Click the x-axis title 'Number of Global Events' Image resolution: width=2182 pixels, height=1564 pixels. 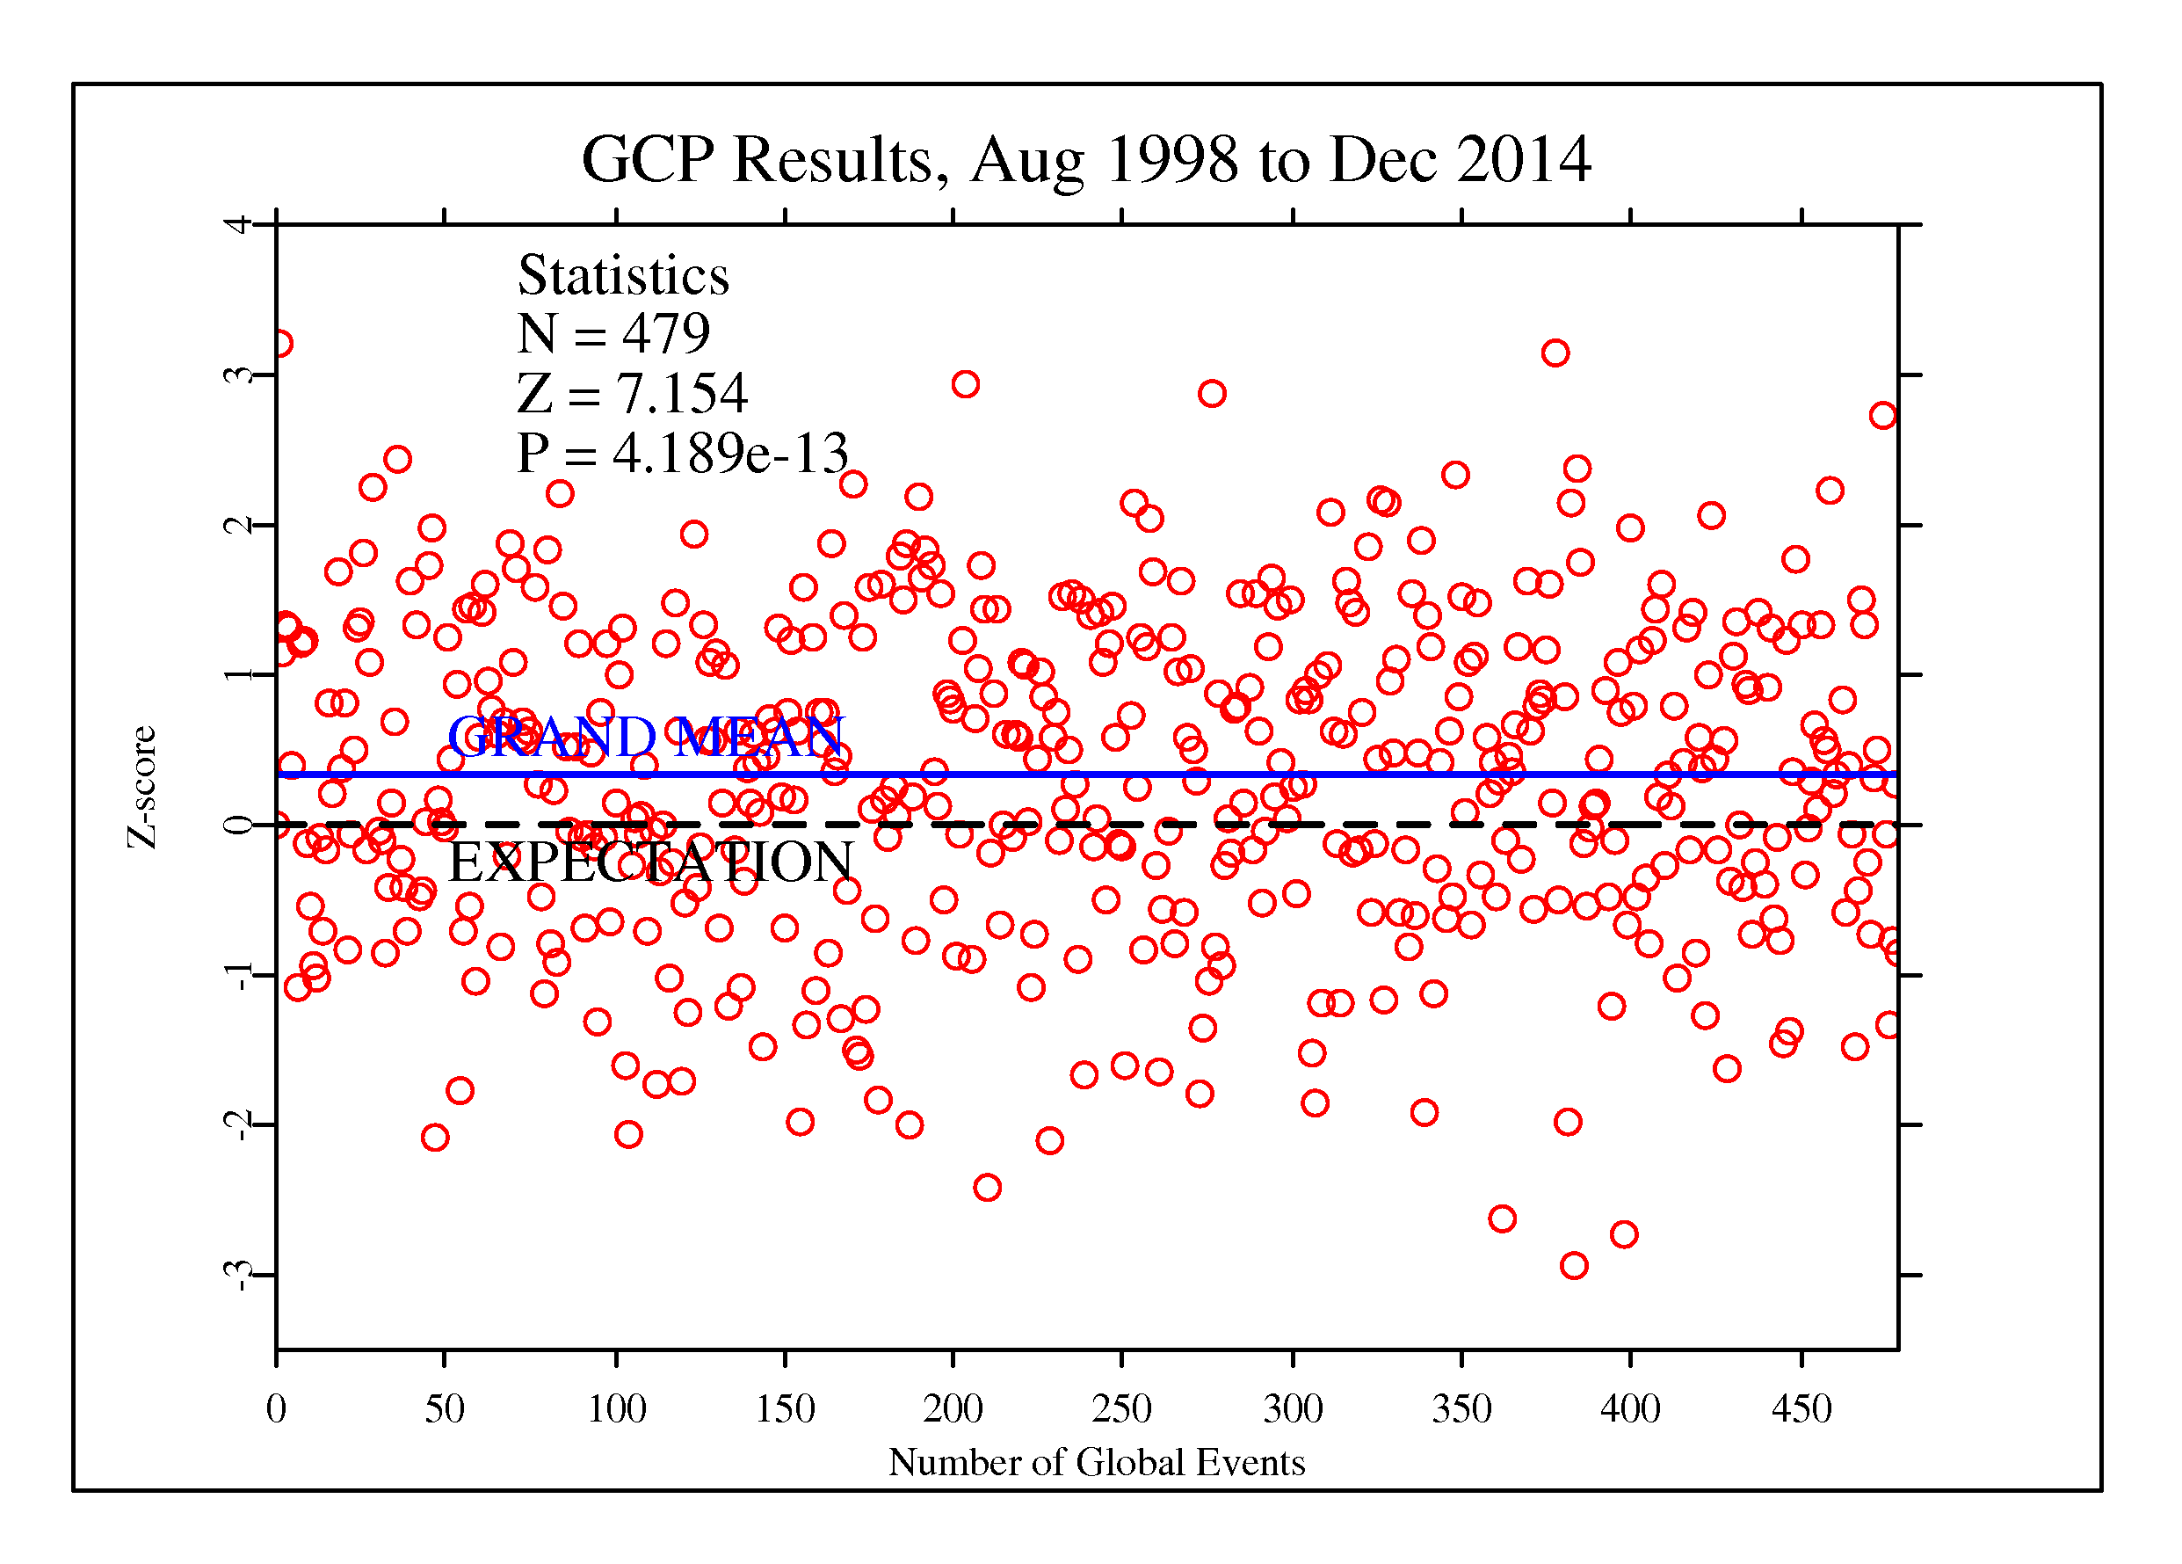pyautogui.click(x=1096, y=1462)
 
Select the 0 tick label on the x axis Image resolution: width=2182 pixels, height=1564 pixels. pyautogui.click(x=276, y=1409)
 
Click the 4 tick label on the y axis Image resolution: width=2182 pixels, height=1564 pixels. pyautogui.click(x=237, y=225)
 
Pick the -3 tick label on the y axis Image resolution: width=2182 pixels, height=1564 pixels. pyautogui.click(x=237, y=1276)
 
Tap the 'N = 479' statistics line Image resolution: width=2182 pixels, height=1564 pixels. pyautogui.click(x=613, y=334)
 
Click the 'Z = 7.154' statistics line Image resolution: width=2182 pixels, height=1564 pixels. pyautogui.click(x=631, y=394)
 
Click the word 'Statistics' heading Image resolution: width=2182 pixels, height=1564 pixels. pyautogui.click(x=623, y=275)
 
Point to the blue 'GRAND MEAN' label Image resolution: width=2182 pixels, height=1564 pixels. pyautogui.click(x=646, y=738)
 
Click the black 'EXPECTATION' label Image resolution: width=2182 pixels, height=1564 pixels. pyautogui.click(x=650, y=862)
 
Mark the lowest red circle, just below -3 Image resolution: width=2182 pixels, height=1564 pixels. pyautogui.click(x=1573, y=1266)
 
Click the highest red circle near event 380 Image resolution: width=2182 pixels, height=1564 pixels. pyautogui.click(x=1555, y=353)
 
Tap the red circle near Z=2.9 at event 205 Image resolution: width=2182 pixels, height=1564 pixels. pyautogui.click(x=965, y=385)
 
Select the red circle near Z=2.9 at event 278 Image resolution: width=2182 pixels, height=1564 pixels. pyautogui.click(x=1211, y=394)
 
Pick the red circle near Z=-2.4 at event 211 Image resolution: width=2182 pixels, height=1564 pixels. pyautogui.click(x=987, y=1188)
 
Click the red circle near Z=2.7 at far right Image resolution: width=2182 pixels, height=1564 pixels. pyautogui.click(x=1883, y=416)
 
